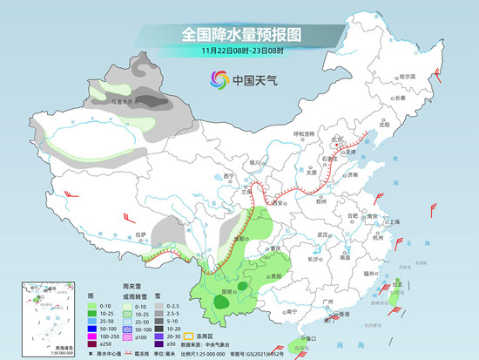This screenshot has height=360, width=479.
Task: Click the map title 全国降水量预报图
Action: tap(239, 34)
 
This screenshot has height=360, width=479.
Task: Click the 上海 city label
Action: tap(395, 221)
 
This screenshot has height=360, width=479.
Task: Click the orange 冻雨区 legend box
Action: tap(214, 334)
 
